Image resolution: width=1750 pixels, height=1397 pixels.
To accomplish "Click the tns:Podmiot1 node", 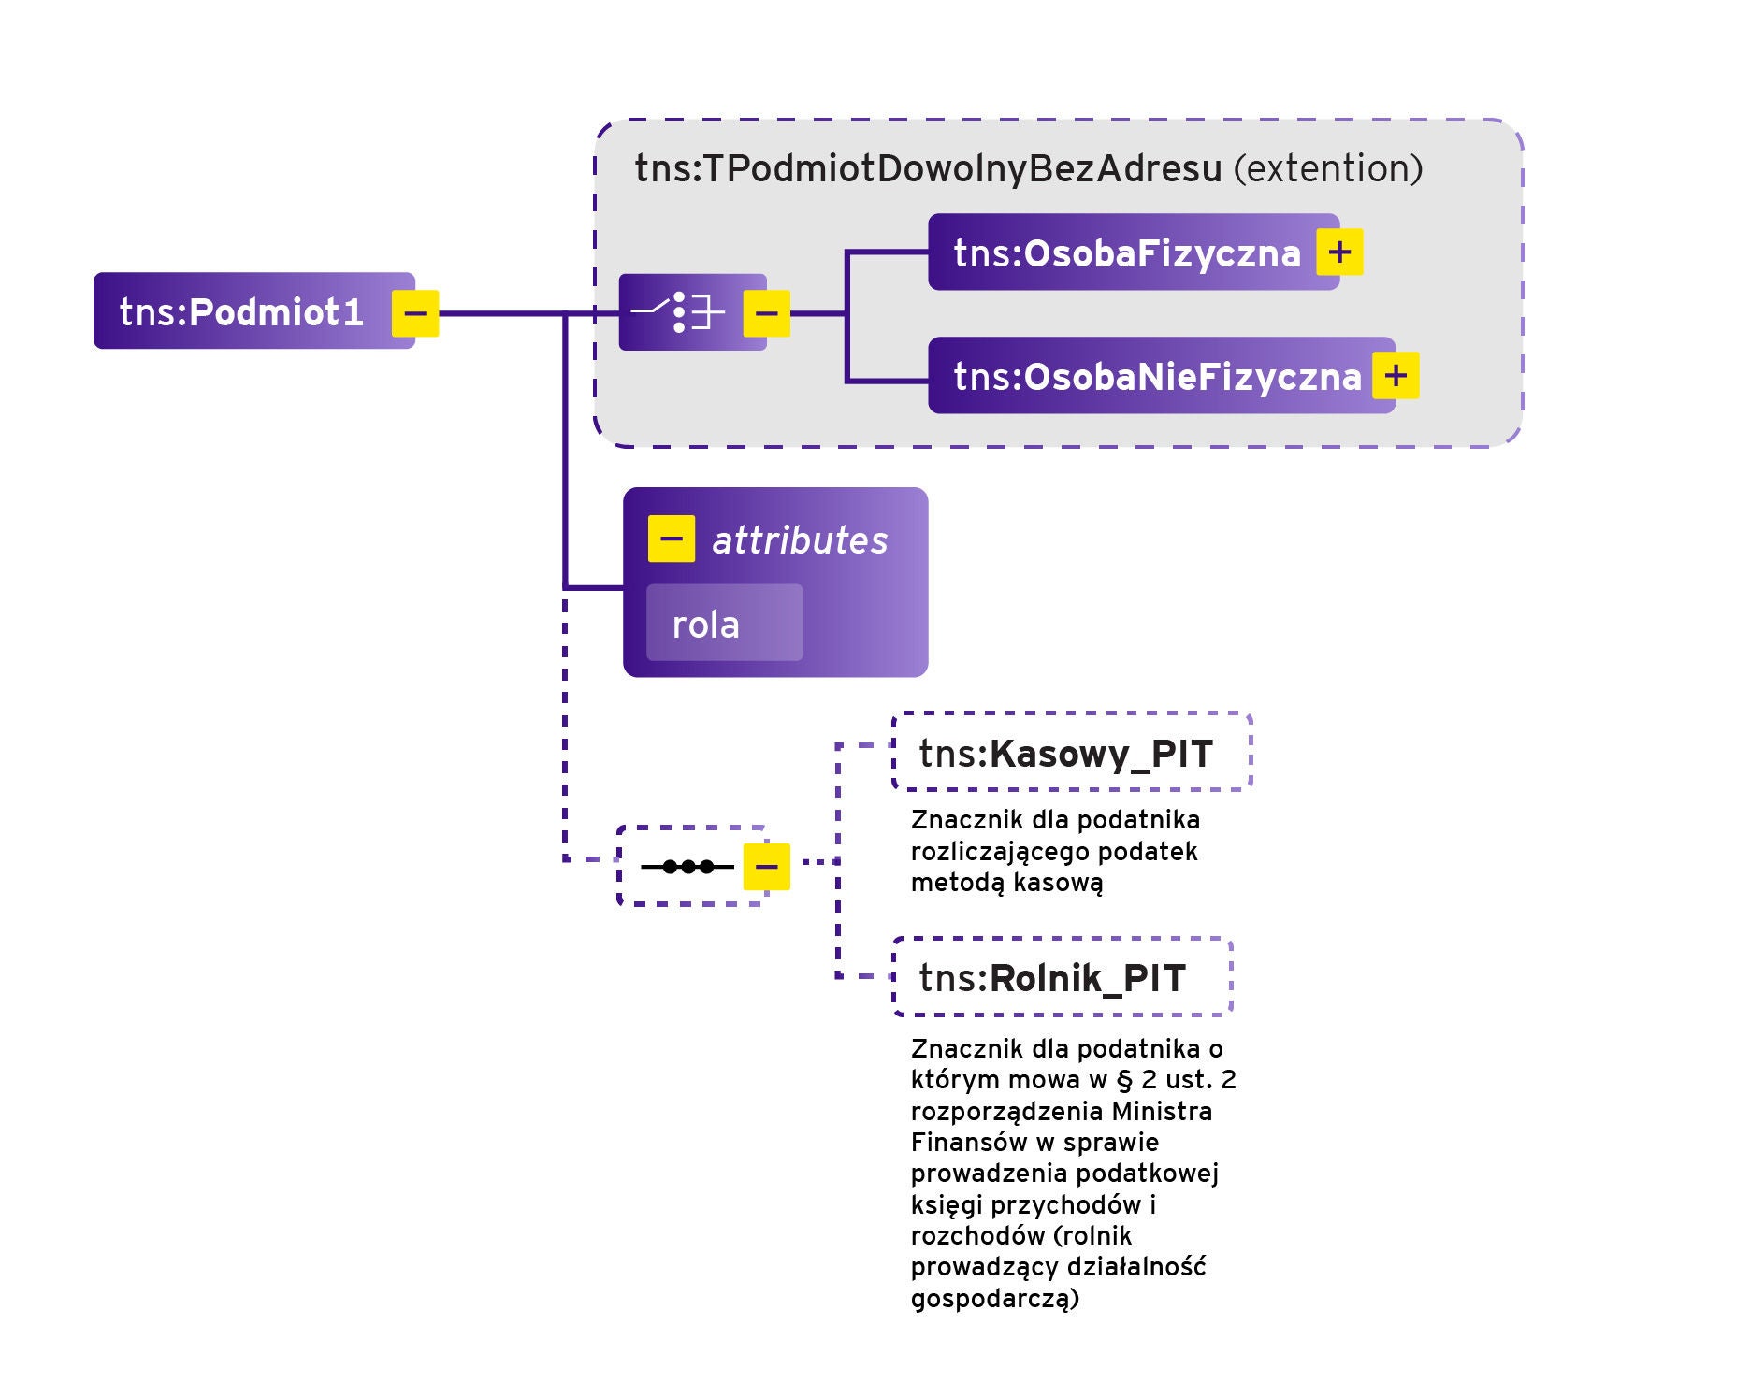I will coord(241,311).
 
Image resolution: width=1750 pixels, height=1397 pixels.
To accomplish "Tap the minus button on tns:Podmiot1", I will coord(415,313).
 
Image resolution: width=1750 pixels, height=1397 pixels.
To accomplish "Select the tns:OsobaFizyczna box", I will coord(1126,252).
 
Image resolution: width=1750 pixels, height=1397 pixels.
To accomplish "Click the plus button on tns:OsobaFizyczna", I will coord(1339,252).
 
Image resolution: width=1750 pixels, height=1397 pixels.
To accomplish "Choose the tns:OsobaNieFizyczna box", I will coord(1156,376).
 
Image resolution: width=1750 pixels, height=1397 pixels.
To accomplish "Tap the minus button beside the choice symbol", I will coord(766,313).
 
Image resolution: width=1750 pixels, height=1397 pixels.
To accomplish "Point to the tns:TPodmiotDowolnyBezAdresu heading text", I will coord(928,169).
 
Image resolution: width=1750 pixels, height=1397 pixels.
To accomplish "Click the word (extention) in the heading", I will coord(1328,169).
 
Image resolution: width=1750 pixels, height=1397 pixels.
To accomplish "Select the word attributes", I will coord(800,540).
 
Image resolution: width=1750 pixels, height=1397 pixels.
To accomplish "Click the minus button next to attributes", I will coord(671,539).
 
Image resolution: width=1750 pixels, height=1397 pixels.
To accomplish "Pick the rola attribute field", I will coord(724,624).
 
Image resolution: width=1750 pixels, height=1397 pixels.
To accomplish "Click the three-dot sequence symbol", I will coord(687,867).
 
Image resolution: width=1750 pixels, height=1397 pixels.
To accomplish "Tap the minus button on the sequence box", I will coord(766,867).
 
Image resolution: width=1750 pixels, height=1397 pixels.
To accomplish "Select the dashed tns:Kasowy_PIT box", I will coord(1072,753).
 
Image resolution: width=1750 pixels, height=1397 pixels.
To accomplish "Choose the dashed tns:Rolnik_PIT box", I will coord(1062,977).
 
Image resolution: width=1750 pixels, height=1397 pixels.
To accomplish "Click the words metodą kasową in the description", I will coord(1006,883).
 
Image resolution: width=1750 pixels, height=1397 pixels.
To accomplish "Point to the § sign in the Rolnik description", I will coord(1124,1080).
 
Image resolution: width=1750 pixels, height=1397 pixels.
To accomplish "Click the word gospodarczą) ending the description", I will coord(994,1298).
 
